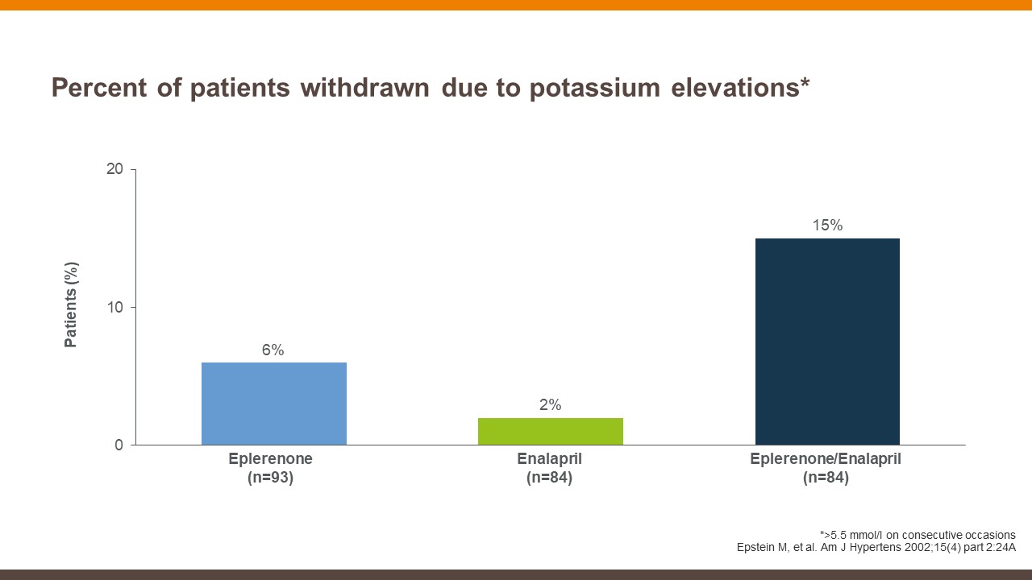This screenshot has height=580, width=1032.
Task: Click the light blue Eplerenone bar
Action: [274, 404]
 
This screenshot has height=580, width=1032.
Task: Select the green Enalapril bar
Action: [551, 432]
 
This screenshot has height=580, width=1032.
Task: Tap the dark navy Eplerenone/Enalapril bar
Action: [827, 342]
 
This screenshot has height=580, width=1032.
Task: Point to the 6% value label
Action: [273, 350]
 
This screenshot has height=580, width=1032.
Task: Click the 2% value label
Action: [550, 405]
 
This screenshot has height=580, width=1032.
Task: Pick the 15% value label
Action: [827, 226]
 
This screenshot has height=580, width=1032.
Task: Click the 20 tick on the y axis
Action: [114, 169]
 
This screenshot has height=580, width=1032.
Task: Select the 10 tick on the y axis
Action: [114, 307]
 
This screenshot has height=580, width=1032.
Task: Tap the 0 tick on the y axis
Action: [119, 445]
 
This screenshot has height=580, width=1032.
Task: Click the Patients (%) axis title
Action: [72, 304]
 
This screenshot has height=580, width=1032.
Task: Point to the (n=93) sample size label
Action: [270, 478]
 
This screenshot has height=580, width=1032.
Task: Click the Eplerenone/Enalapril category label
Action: [826, 459]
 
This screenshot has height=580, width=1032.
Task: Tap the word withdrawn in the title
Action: [365, 88]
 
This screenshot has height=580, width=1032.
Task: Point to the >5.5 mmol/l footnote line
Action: [917, 535]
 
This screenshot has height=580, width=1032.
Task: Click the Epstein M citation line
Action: [876, 548]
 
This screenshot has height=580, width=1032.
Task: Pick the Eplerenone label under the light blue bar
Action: [270, 459]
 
